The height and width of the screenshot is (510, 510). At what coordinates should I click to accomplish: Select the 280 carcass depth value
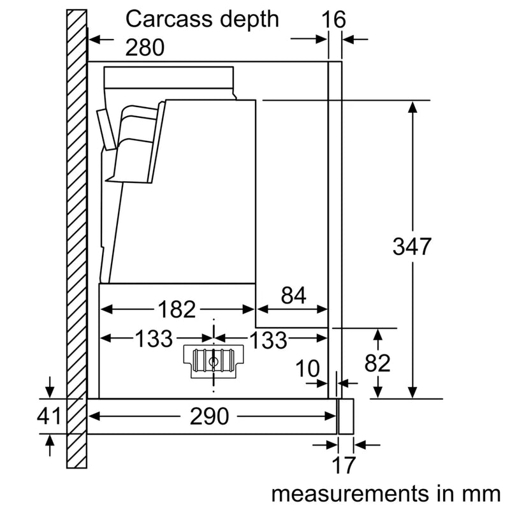pyautogui.click(x=145, y=47)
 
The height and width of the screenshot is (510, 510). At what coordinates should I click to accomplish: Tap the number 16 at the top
pyautogui.click(x=333, y=19)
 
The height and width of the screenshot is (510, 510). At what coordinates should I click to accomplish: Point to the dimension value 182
pyautogui.click(x=176, y=309)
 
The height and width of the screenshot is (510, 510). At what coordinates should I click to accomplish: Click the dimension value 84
pyautogui.click(x=293, y=296)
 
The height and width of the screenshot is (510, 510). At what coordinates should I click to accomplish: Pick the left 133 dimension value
pyautogui.click(x=154, y=339)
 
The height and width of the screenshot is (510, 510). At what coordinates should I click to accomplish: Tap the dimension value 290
pyautogui.click(x=209, y=416)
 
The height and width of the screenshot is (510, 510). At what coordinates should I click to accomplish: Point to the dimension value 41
pyautogui.click(x=48, y=416)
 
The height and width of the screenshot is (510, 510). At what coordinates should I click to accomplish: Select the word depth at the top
pyautogui.click(x=246, y=19)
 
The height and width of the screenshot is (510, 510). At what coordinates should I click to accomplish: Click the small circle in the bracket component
pyautogui.click(x=212, y=361)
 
